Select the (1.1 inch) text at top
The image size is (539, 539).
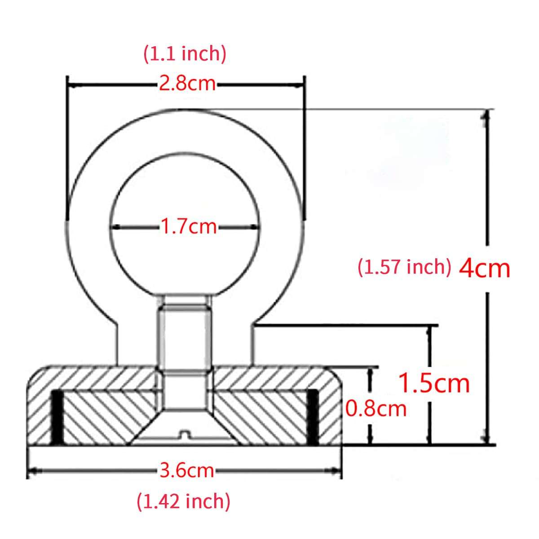(x=185, y=54)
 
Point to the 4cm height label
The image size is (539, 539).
(x=485, y=269)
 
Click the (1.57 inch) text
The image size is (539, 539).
(x=404, y=267)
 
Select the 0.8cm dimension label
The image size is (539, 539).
(x=376, y=409)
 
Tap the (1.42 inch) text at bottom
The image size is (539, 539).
(x=183, y=501)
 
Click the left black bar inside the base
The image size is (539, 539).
(x=57, y=416)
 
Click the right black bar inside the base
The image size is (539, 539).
(x=313, y=416)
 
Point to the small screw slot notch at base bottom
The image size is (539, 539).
(x=184, y=434)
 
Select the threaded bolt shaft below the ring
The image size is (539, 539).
(x=184, y=332)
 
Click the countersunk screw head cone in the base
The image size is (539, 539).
(x=184, y=424)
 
